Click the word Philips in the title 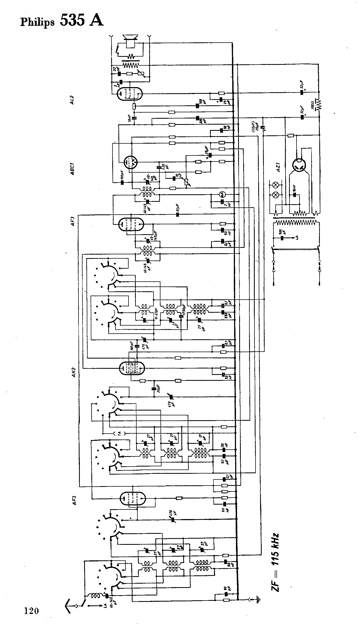(x=37, y=23)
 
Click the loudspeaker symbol (x=130, y=40)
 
